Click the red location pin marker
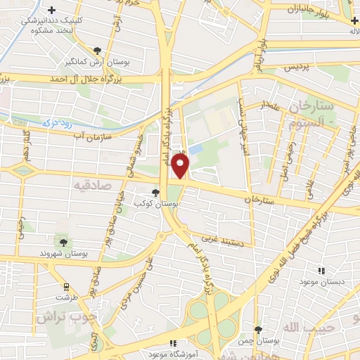181,165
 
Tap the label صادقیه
93,184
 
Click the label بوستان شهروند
63,252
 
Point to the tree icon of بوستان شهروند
63,243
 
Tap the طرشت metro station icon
66,287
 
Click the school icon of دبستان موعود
321,271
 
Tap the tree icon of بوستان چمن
259,330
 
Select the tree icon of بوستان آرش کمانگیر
97,50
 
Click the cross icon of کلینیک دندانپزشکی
51,9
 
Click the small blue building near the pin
195,150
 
